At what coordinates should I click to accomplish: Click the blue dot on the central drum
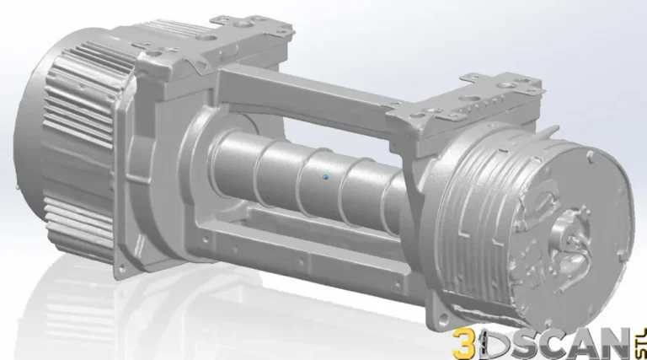pos(325,177)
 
